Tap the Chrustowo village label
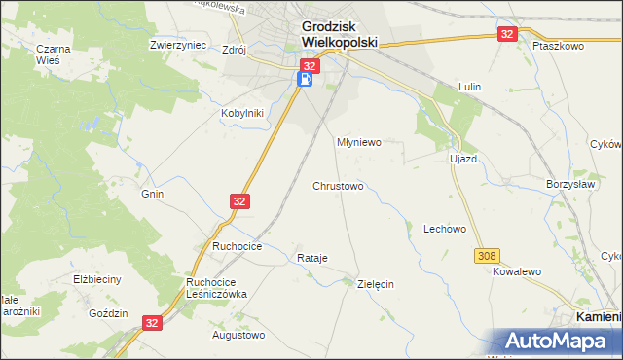pos(338,185)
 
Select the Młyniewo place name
pos(358,142)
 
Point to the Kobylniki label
pos(241,112)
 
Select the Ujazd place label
pos(462,158)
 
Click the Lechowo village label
pos(445,229)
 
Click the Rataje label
pos(311,258)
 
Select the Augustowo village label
pos(238,335)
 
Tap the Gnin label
pos(152,194)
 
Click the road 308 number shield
pos(488,256)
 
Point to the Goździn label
pos(108,313)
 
